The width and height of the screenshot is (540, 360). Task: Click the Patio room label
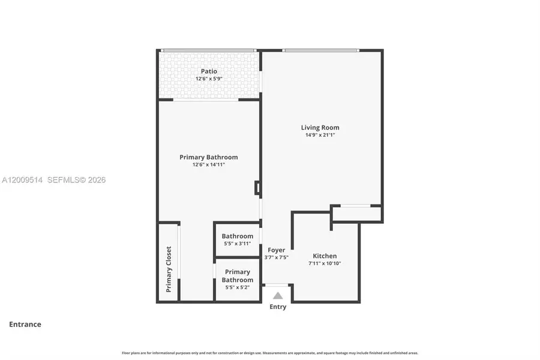(209, 71)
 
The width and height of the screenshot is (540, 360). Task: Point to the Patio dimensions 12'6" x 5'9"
(209, 79)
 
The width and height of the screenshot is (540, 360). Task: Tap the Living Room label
(320, 127)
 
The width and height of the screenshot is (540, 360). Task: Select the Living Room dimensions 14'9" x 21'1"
(320, 135)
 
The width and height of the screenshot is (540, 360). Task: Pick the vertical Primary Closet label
(169, 269)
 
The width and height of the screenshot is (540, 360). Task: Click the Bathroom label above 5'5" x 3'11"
(237, 236)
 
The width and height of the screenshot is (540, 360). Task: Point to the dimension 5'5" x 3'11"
(237, 244)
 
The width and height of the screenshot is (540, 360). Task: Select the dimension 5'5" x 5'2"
(237, 287)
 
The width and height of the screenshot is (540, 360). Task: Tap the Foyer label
(276, 250)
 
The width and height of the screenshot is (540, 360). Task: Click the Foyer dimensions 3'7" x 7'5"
(276, 257)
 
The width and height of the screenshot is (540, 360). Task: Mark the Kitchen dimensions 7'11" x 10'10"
(325, 263)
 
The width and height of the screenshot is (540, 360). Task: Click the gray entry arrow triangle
(278, 295)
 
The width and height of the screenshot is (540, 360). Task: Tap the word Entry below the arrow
(278, 307)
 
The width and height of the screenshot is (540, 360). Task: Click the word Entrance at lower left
(25, 325)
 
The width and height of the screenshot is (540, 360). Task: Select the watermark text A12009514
(22, 180)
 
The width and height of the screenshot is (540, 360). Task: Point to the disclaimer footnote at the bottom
(270, 353)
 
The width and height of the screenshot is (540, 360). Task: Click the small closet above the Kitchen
(356, 214)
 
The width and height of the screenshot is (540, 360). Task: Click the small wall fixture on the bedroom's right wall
(257, 188)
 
